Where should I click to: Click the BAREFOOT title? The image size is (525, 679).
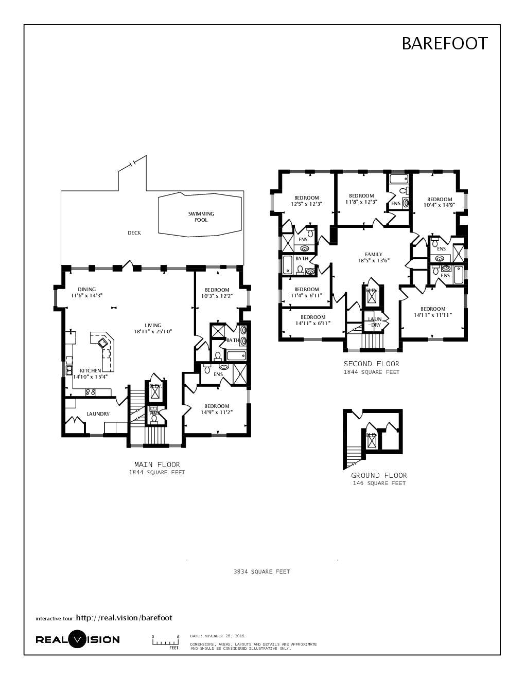click(444, 44)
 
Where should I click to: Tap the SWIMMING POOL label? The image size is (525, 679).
click(201, 217)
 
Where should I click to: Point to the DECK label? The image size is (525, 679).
click(134, 233)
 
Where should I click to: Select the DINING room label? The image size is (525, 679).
click(87, 289)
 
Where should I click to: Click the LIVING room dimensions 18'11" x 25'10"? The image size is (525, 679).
click(153, 332)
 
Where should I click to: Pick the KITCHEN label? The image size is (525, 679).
click(91, 370)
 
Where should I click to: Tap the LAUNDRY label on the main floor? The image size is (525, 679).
click(98, 414)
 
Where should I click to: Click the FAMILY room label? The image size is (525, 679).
click(374, 254)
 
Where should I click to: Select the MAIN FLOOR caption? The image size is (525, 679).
click(157, 464)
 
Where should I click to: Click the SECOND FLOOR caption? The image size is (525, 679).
click(372, 364)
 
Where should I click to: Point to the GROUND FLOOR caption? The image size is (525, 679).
click(379, 475)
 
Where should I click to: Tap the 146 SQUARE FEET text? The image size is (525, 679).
click(379, 484)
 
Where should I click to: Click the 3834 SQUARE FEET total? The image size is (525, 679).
click(261, 571)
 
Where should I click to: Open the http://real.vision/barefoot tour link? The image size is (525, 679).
click(124, 618)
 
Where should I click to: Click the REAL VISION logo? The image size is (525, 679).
click(78, 639)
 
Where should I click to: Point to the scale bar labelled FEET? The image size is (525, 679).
click(165, 642)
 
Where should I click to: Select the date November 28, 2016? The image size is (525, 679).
click(217, 636)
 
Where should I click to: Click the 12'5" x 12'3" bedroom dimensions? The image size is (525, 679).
click(306, 204)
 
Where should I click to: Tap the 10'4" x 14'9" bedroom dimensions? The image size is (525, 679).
click(439, 205)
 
